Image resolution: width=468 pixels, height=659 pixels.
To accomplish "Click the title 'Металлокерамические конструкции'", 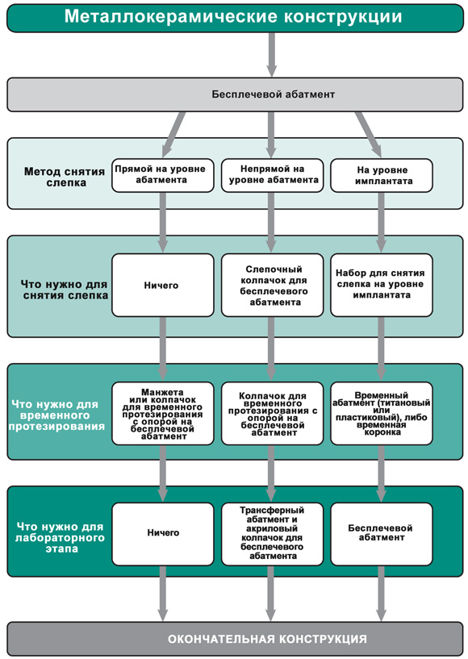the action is point(234,17).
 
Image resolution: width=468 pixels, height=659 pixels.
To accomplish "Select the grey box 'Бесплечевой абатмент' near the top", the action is point(235,94).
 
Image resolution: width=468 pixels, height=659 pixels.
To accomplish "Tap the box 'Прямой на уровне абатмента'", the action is point(163,175).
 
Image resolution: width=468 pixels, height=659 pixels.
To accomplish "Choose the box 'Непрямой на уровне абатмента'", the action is point(273,175).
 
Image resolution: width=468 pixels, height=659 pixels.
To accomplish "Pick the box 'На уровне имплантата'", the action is point(382,175).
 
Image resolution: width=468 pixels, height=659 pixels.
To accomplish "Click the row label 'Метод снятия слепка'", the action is point(65,177).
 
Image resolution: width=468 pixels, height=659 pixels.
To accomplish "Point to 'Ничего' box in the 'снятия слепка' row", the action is point(163,285).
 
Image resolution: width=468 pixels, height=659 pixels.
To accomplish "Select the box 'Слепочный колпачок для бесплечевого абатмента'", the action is point(273,285).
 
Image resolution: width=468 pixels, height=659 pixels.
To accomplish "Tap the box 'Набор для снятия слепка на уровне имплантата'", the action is point(382,285).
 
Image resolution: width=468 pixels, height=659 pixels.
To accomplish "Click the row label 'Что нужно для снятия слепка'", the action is point(65,290).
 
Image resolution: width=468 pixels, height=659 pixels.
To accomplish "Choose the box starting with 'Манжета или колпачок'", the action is point(163,413).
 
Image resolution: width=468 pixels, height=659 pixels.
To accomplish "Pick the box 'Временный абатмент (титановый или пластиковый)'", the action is point(382,413).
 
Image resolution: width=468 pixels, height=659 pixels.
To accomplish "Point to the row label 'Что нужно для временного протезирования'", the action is point(56,415).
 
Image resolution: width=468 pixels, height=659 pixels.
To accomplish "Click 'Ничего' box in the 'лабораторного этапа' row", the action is point(163,534).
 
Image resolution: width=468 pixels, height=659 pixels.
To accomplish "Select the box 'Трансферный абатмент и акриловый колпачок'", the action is point(273,534).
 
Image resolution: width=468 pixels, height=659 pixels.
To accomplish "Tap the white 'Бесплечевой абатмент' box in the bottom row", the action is point(382,534).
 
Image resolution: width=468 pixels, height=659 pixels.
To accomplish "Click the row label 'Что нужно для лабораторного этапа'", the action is point(61,537).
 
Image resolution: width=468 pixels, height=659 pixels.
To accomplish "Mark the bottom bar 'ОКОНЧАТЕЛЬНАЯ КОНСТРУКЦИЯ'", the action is point(235,639).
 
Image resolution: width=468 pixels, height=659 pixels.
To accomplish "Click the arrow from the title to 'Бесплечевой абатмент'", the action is point(272,55).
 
